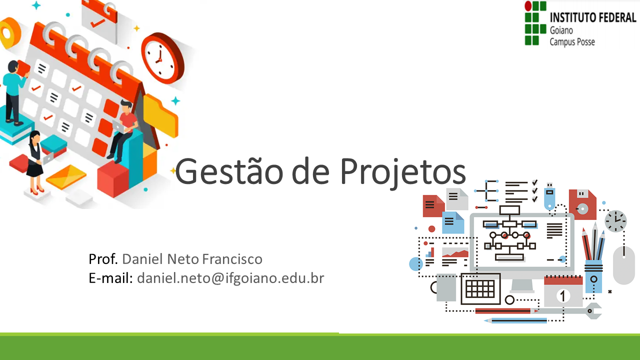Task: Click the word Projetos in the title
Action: pos(403,171)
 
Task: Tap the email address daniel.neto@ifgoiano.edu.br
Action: pos(230,278)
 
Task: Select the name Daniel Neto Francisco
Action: pos(192,259)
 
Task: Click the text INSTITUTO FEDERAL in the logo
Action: pos(593,18)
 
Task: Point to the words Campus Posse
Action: pos(572,42)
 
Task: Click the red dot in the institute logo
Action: pos(528,6)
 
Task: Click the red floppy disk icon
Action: pos(582,204)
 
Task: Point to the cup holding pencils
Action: pos(593,275)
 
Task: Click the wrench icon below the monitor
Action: pos(590,311)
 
